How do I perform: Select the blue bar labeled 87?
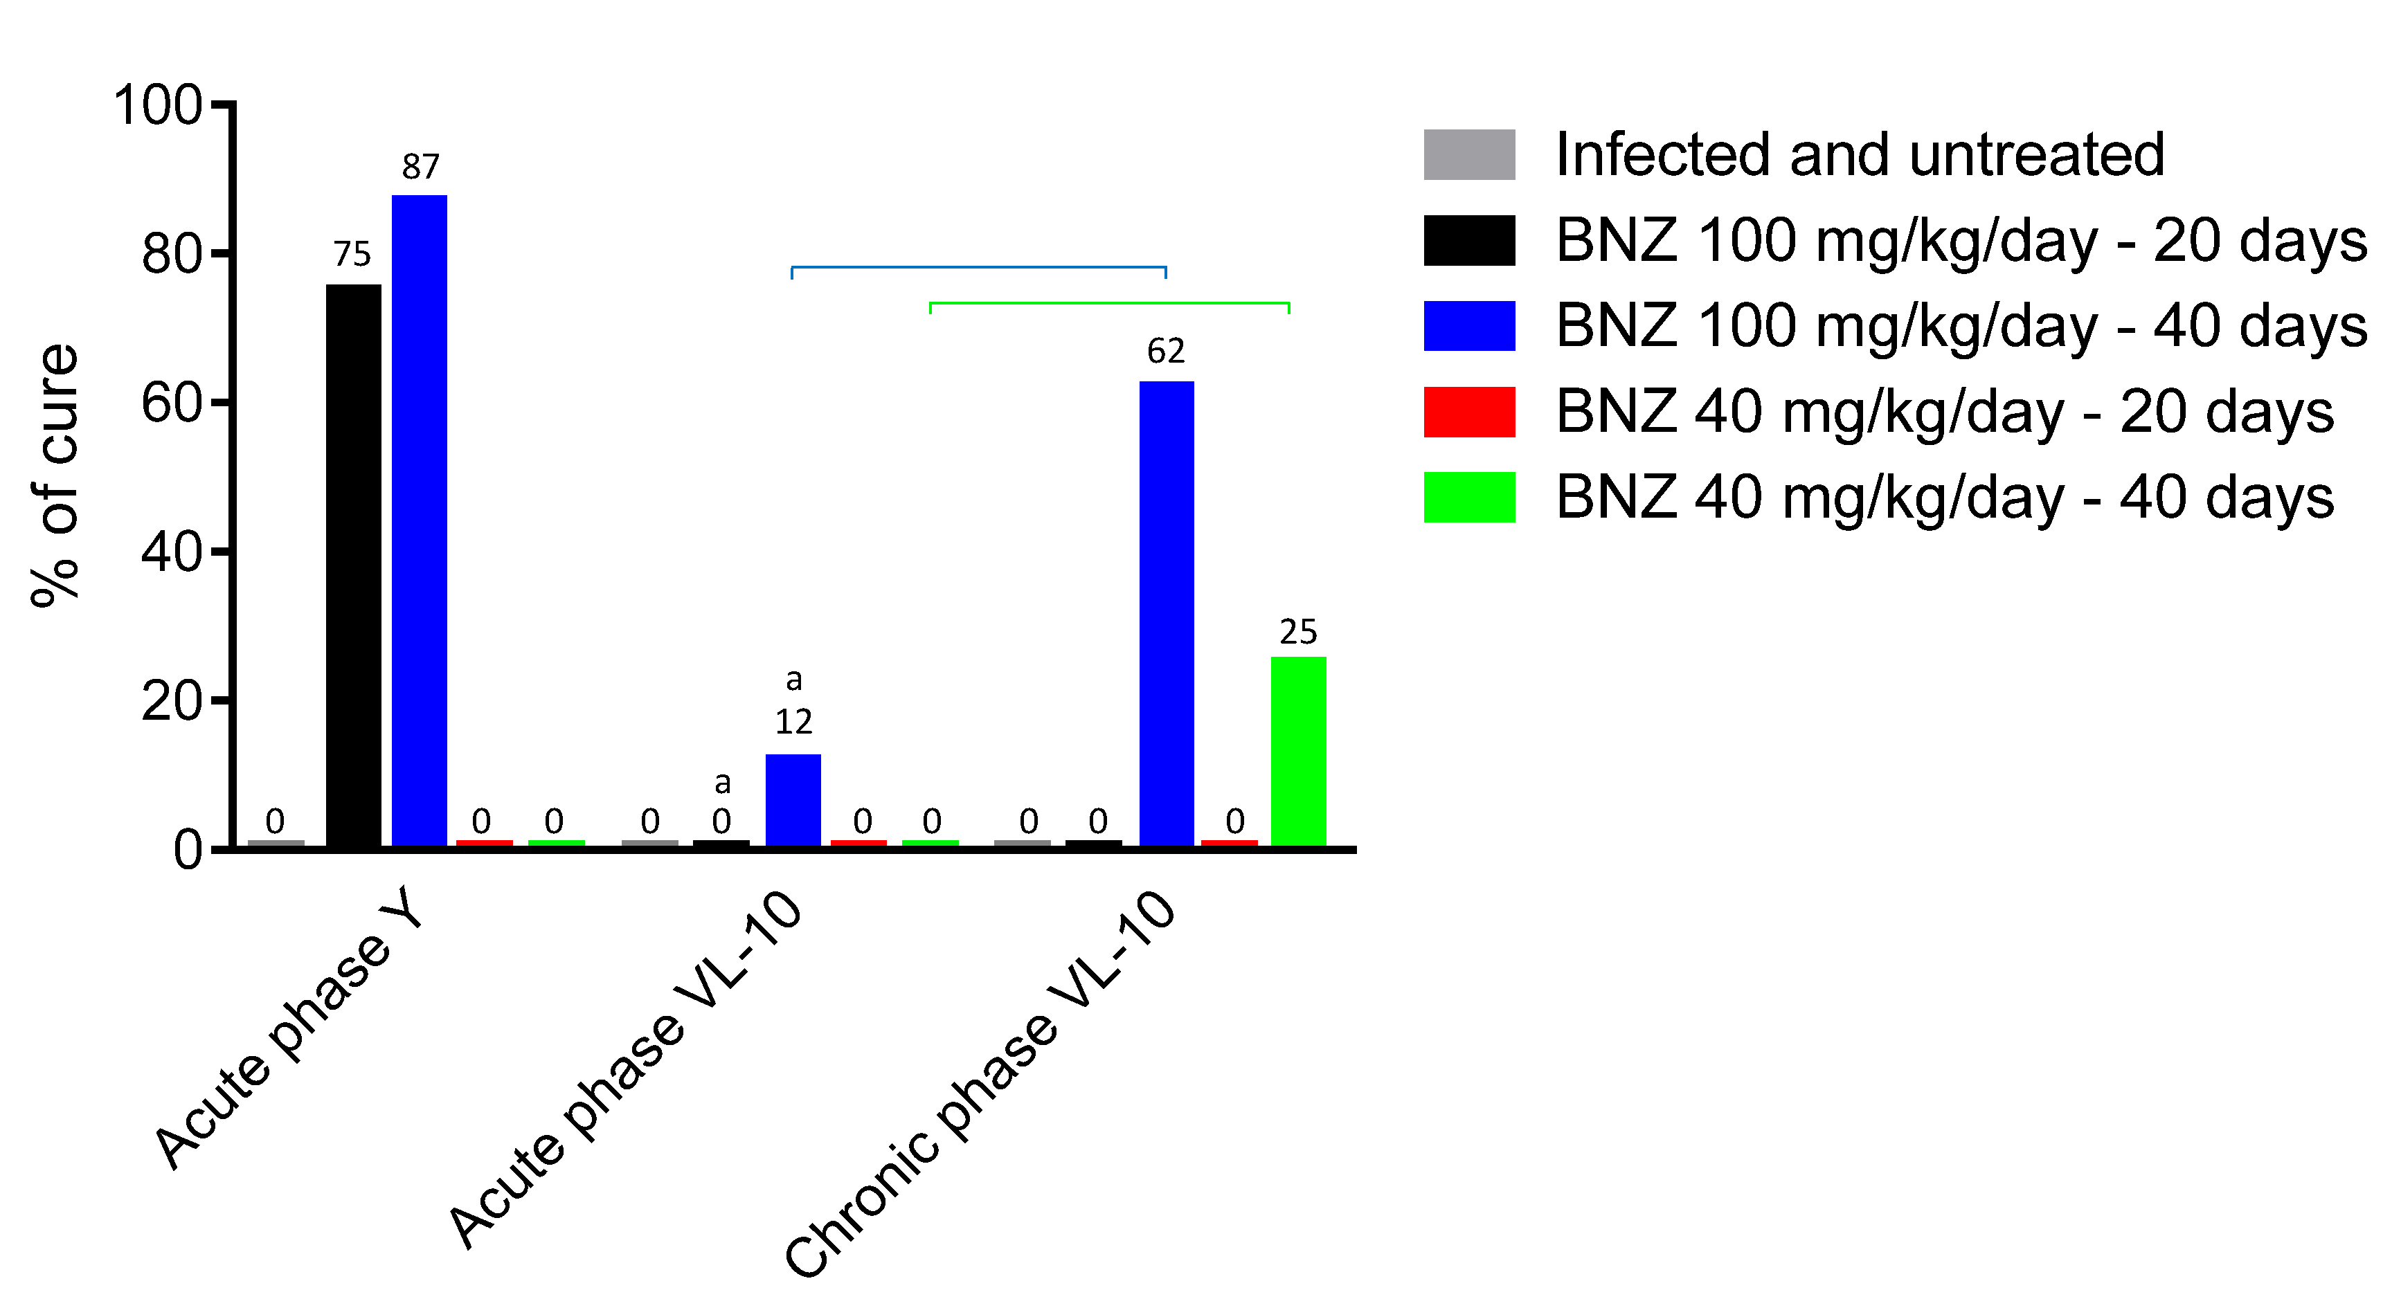tap(419, 520)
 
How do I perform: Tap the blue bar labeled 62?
tap(1167, 613)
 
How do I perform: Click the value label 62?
tap(1167, 352)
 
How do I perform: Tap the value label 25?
tap(1298, 633)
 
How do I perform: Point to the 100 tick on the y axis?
tap(158, 105)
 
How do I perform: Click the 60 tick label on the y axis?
tap(172, 403)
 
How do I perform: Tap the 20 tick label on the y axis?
tap(172, 701)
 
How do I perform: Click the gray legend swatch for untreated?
tap(1469, 154)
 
